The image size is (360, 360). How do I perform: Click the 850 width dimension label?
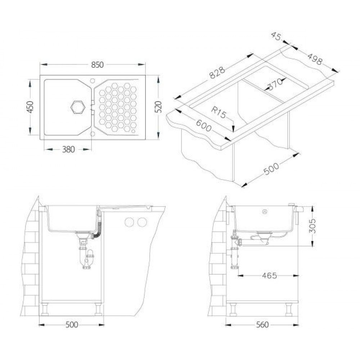(x=97, y=65)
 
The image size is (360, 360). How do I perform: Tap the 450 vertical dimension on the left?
(x=30, y=107)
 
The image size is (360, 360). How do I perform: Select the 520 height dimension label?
(x=158, y=107)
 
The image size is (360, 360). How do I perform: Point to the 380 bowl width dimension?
(x=68, y=149)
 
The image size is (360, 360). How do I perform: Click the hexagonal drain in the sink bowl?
(x=78, y=107)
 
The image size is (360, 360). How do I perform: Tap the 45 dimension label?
(x=276, y=36)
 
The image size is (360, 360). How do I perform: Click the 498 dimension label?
(x=315, y=59)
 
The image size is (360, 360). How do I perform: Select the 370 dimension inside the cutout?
(x=275, y=84)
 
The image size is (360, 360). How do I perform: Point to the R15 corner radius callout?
(x=219, y=112)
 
